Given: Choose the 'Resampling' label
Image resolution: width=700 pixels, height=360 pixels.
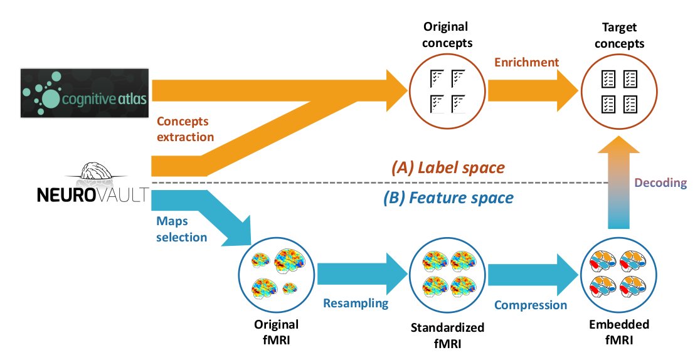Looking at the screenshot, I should point(356,303).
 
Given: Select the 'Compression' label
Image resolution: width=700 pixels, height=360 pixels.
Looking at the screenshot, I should point(530,305).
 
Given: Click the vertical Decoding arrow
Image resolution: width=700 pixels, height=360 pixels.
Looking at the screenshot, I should point(620,188).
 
